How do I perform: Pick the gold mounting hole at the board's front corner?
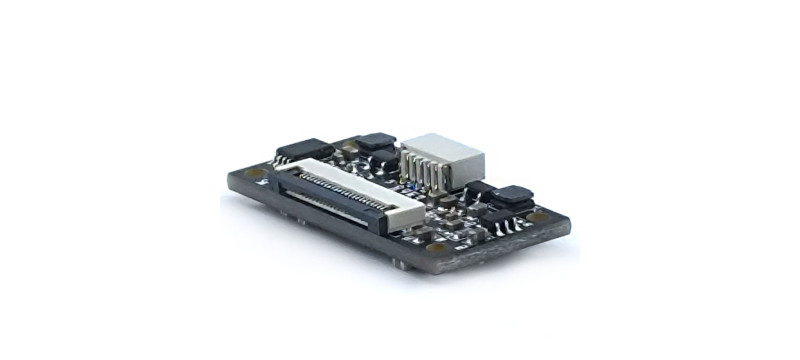(436, 246)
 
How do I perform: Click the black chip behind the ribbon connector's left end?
(304, 150)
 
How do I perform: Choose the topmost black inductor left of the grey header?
(377, 141)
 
